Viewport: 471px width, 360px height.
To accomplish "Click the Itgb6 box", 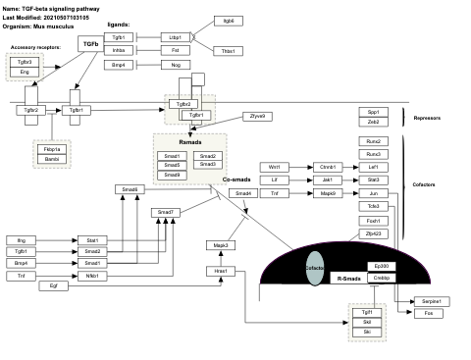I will pyautogui.click(x=229, y=20).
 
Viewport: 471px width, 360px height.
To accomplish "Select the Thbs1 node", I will pyautogui.click(x=229, y=51).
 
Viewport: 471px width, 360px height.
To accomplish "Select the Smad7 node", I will pyautogui.click(x=166, y=212).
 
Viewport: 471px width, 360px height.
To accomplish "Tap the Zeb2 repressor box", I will pyautogui.click(x=374, y=123).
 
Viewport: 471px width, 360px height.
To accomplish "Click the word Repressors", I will pyautogui.click(x=427, y=118).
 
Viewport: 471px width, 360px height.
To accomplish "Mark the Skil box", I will pyautogui.click(x=366, y=321).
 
